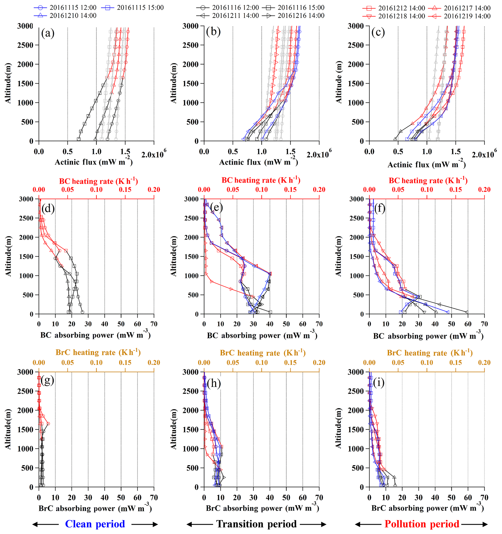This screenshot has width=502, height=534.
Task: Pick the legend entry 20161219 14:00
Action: [x=459, y=16]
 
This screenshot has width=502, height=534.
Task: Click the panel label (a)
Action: [x=48, y=33]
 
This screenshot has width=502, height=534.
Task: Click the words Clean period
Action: [x=95, y=524]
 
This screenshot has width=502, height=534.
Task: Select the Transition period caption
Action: [x=256, y=524]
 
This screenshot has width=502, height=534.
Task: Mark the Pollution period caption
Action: [x=422, y=524]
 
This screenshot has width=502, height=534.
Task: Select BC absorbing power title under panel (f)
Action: [x=428, y=336]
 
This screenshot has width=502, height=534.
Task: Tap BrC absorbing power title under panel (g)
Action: [x=95, y=508]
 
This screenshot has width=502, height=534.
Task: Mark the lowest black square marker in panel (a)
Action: [x=79, y=139]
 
